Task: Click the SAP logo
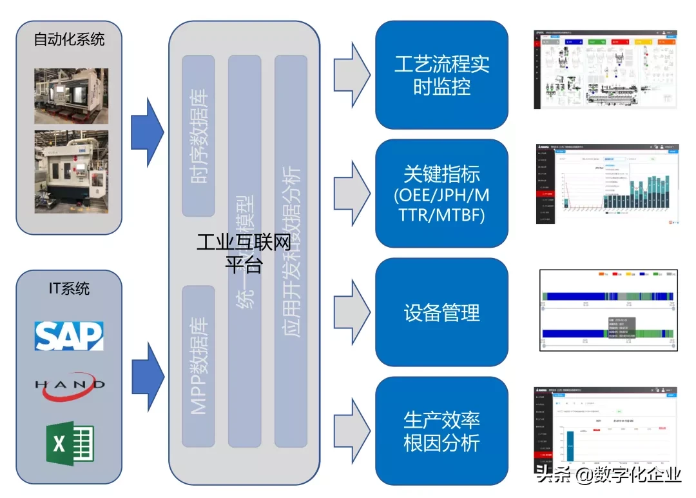(x=69, y=335)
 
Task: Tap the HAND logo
(x=69, y=385)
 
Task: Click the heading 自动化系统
(x=69, y=39)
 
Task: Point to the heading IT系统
(x=69, y=288)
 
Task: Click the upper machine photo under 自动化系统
(x=71, y=96)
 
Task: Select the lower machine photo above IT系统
(x=71, y=172)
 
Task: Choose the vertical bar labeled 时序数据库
(x=198, y=136)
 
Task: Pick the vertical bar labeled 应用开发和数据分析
(x=291, y=251)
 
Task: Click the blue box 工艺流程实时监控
(x=441, y=75)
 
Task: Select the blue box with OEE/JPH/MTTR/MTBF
(x=441, y=194)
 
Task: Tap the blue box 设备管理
(x=441, y=312)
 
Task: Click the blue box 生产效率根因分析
(x=441, y=431)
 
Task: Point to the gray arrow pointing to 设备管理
(x=352, y=312)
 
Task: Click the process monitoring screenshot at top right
(x=606, y=69)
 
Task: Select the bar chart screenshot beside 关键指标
(x=606, y=184)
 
